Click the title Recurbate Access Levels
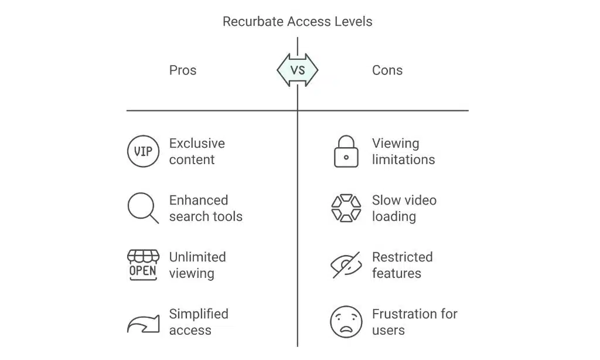click(297, 22)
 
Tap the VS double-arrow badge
click(297, 70)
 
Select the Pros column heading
click(183, 70)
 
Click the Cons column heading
click(387, 70)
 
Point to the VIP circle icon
click(143, 151)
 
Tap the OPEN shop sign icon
click(143, 265)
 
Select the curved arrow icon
click(143, 323)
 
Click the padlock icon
click(346, 151)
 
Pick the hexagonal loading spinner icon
click(346, 208)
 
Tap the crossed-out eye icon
click(346, 265)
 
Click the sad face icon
click(346, 322)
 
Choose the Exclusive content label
click(197, 151)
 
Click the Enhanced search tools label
click(206, 208)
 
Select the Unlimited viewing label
click(197, 265)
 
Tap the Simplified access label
click(199, 322)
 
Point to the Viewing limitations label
click(403, 151)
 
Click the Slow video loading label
click(404, 208)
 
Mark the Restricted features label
click(402, 265)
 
